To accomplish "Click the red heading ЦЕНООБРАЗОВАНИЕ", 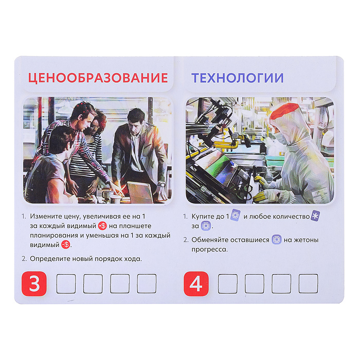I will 98,78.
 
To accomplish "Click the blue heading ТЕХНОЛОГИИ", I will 237,78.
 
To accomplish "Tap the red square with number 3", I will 34,284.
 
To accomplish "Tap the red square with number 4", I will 196,284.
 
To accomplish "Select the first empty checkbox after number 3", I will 66,284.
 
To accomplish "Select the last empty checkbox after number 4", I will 308,284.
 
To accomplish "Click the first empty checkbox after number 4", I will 228,284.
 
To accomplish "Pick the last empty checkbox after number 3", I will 147,284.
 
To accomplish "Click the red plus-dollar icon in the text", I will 102,226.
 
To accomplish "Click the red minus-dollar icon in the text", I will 65,245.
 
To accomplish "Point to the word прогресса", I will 209,249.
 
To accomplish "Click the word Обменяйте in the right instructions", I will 208,240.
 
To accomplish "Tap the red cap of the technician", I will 284,113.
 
